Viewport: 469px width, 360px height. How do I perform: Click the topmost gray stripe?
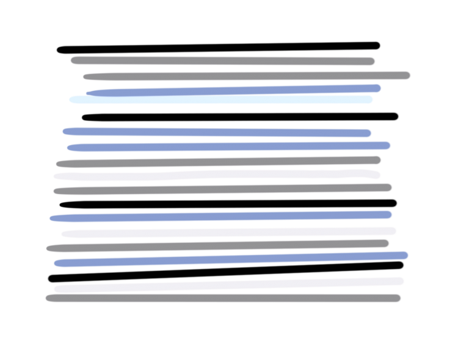click(x=223, y=61)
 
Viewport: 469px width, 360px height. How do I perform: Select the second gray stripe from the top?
click(x=247, y=76)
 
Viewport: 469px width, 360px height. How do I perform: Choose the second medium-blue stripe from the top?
click(x=217, y=132)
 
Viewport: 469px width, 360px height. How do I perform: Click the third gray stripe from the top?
click(x=219, y=162)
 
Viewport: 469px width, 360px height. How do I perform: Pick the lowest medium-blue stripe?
click(x=231, y=259)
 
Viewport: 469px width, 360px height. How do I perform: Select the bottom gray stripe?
click(x=223, y=298)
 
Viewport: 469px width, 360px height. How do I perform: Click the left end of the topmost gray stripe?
click(x=74, y=60)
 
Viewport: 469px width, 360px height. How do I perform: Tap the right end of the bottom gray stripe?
click(x=398, y=298)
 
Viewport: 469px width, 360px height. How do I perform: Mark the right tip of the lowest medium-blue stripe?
click(x=405, y=255)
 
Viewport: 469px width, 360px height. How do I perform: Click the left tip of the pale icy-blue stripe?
click(x=73, y=99)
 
